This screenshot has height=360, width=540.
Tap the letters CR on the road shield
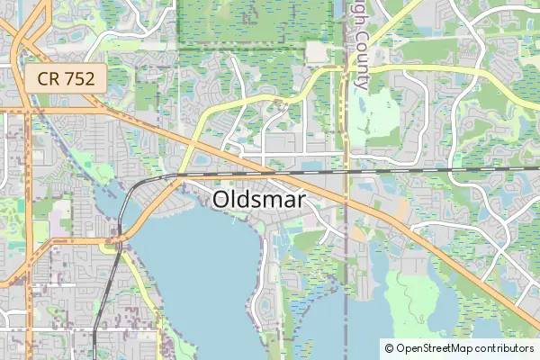[x=49, y=78]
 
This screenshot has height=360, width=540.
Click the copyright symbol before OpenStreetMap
[x=389, y=347]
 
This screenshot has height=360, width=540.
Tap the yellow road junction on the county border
[x=345, y=71]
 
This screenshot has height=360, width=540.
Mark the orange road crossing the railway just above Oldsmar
[x=270, y=168]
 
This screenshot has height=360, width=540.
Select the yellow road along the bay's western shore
[x=144, y=288]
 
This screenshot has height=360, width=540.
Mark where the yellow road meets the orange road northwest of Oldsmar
[x=191, y=141]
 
